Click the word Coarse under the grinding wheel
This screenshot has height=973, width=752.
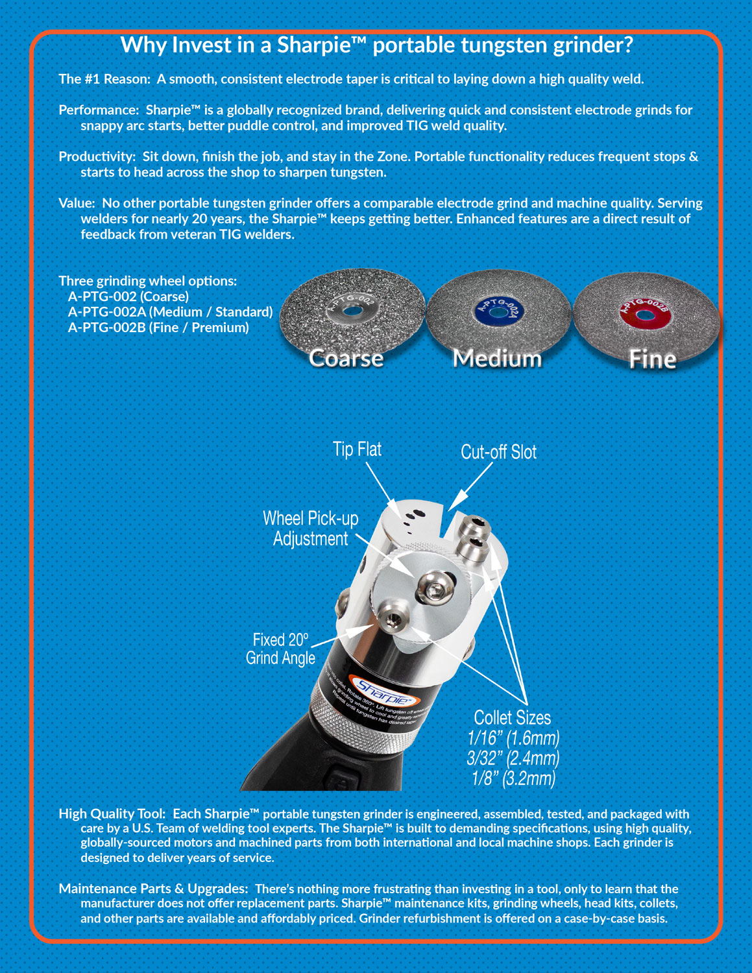point(346,358)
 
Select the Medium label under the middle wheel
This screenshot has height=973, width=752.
point(497,358)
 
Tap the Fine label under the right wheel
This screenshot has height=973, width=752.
point(652,359)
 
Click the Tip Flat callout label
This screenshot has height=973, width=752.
point(357,449)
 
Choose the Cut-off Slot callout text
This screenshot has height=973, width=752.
point(498,451)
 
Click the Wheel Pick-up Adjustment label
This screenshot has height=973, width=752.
point(310,528)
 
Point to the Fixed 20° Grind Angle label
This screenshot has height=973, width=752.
point(280,649)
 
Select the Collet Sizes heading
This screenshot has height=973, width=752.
point(512,717)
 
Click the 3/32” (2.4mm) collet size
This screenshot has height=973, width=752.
point(513,758)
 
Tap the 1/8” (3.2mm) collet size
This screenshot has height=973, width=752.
point(513,778)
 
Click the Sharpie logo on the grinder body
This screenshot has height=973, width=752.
point(382,693)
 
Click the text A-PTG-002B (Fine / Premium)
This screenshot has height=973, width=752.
point(158,328)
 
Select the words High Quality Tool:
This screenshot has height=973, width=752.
point(112,813)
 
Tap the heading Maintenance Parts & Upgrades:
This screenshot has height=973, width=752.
point(153,889)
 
